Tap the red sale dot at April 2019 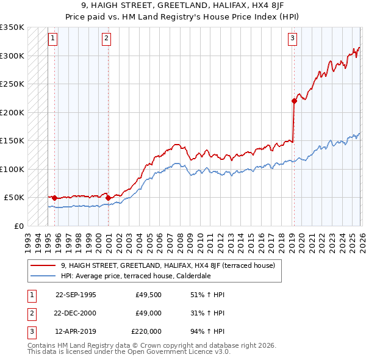tap(293, 101)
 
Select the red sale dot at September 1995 tap(55, 198)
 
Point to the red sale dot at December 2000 tap(108, 198)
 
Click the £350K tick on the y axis tap(12, 27)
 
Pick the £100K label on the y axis tap(12, 169)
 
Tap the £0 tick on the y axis tap(18, 226)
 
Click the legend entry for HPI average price tap(134, 275)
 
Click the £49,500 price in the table tap(147, 295)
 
